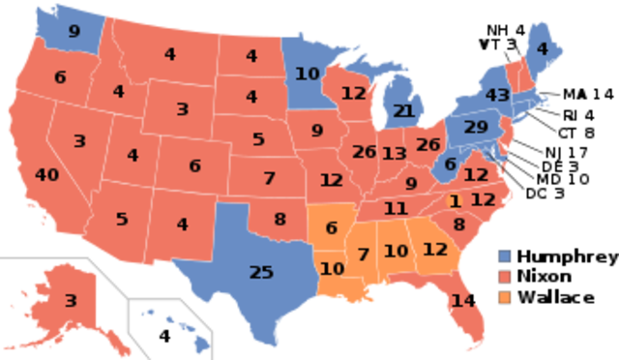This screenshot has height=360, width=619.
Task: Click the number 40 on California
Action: pos(46,175)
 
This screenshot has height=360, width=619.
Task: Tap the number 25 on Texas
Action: pos(261,273)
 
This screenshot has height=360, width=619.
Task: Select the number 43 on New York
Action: pos(497,96)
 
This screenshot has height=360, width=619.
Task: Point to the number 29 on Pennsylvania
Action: pos(476,127)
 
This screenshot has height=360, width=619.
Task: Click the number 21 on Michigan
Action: pos(403,111)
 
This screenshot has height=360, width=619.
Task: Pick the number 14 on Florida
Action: pos(464,300)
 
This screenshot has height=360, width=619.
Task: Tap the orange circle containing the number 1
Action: pos(454,201)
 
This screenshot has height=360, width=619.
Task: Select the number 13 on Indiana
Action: pos(394,154)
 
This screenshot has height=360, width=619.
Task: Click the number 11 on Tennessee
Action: pos(395,208)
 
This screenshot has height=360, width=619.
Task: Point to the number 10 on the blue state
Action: pos(308,73)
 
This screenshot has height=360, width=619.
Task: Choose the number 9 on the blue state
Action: pos(74,31)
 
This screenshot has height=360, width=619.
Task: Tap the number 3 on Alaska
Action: pos(70,301)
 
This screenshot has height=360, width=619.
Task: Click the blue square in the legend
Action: pos(505,255)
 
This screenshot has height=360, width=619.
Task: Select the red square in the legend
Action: pos(505,277)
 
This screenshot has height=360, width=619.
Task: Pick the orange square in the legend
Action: pos(505,297)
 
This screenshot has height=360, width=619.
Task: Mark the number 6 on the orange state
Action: pos(331,228)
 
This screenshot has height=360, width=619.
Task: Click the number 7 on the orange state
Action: pos(363,255)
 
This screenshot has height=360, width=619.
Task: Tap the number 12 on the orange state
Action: pos(435,249)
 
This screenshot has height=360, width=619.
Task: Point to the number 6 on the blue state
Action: pos(450,165)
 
